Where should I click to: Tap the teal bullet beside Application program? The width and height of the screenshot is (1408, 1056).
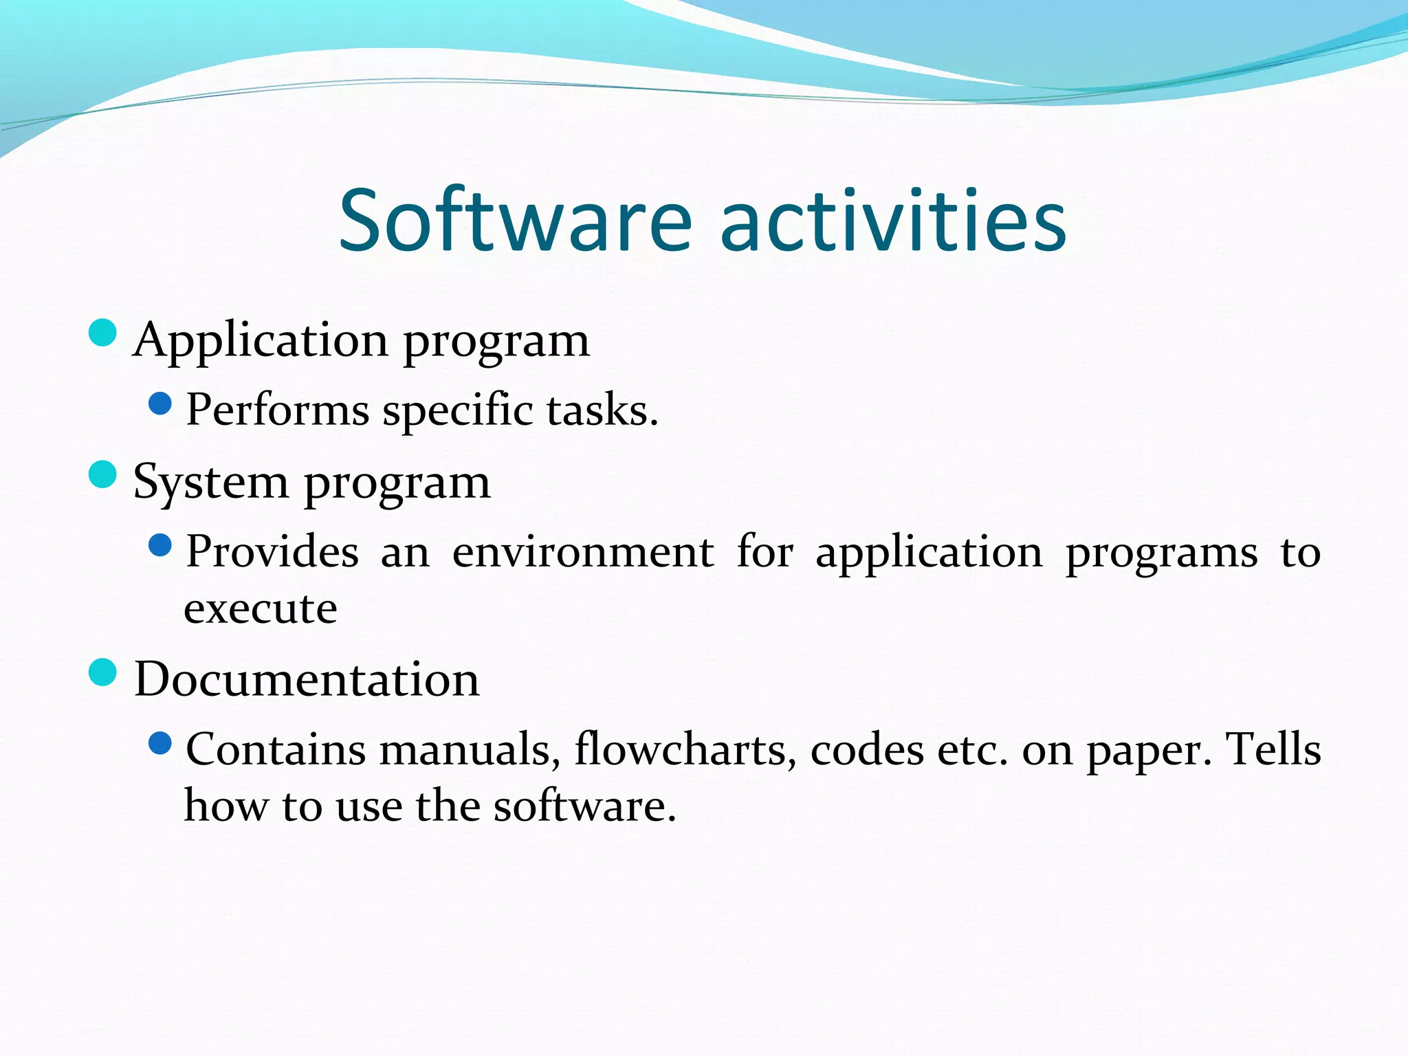tap(103, 333)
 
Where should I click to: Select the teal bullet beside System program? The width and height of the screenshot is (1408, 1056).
tap(103, 474)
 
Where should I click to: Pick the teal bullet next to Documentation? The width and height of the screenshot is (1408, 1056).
tap(103, 672)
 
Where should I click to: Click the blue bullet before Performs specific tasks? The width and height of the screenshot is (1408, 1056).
tap(159, 404)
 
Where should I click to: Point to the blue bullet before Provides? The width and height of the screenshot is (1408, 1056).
tap(159, 546)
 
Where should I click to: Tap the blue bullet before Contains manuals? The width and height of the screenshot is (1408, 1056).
tap(159, 743)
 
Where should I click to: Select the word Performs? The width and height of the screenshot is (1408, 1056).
tap(278, 410)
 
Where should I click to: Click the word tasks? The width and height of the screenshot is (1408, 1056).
tap(602, 410)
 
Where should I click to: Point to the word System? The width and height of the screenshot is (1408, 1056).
tap(210, 483)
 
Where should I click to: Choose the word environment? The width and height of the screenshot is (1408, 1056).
tap(583, 552)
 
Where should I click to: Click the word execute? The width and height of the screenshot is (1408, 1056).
tap(261, 610)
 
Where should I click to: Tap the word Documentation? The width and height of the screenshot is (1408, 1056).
tap(307, 680)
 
